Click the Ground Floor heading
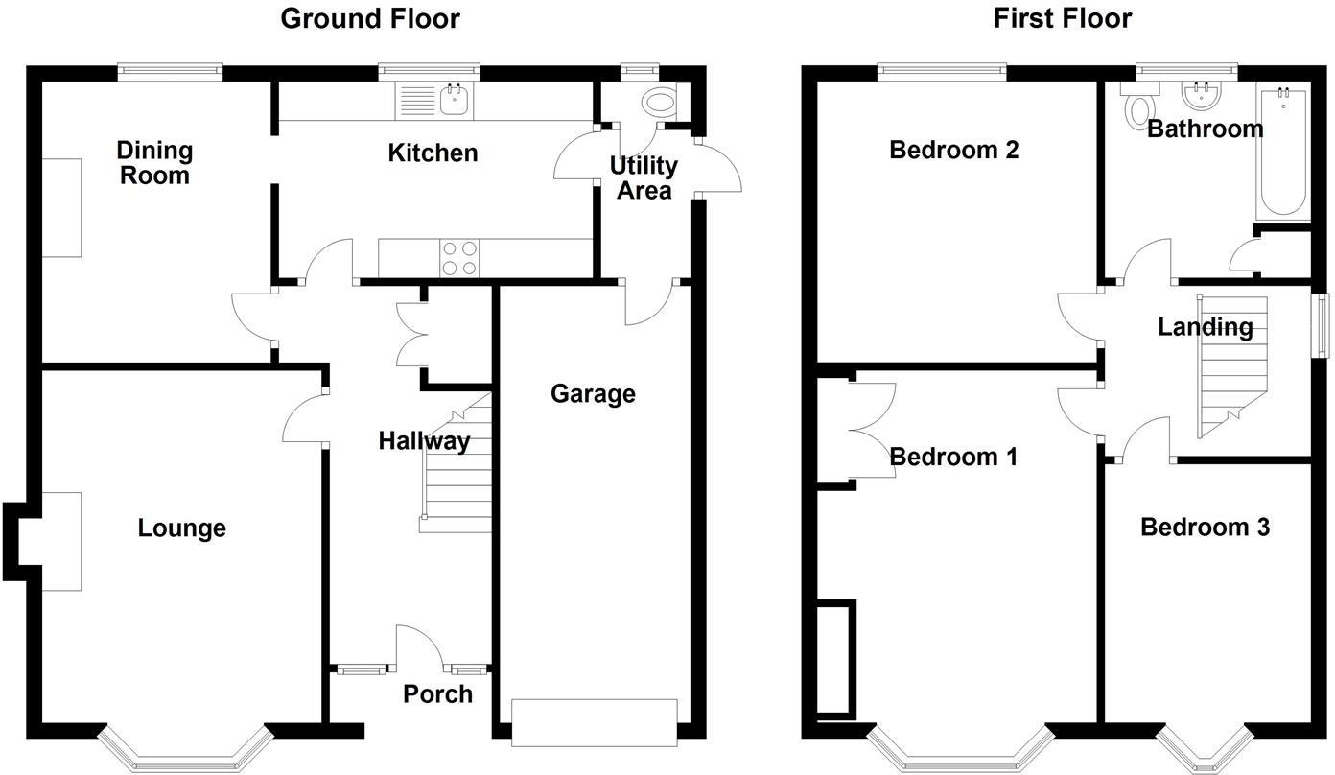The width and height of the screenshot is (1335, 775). tap(370, 18)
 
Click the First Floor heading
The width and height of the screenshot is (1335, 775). tap(1062, 18)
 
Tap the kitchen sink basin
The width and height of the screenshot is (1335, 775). tap(455, 100)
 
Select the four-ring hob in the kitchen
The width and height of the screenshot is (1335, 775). tap(458, 258)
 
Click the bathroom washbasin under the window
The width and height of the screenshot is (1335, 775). tap(1201, 96)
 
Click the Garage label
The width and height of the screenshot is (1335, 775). tap(593, 394)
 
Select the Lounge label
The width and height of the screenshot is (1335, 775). tap(182, 528)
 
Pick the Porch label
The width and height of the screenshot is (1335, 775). tap(437, 693)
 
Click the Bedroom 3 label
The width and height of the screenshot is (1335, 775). tap(1205, 527)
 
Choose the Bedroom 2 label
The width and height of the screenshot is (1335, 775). tap(953, 150)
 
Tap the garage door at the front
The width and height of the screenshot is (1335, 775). tap(595, 722)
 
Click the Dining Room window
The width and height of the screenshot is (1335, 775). tap(170, 72)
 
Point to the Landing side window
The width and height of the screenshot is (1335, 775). tap(1321, 325)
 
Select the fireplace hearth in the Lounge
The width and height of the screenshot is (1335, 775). tap(61, 541)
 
